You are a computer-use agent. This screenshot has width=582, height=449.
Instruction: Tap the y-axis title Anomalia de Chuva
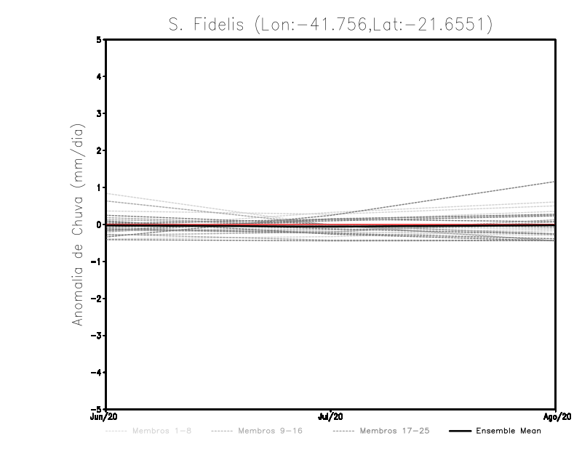77,224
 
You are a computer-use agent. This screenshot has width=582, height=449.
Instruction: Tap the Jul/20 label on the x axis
331,417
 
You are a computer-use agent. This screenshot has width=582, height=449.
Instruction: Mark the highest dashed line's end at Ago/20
555,182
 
